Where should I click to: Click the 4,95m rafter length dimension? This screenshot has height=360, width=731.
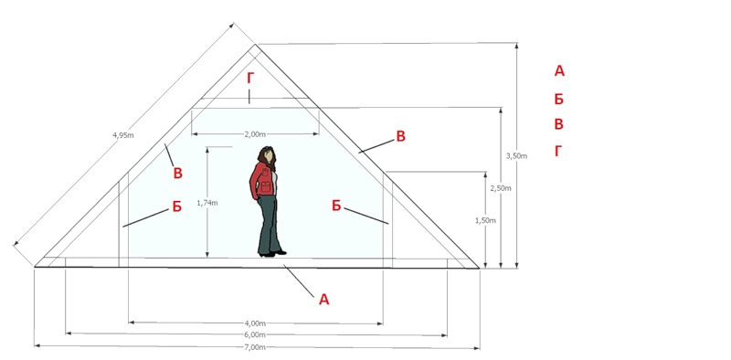[x=123, y=135]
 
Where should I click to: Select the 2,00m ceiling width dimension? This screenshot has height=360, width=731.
[x=255, y=134]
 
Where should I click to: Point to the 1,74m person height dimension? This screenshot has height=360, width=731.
[x=207, y=203]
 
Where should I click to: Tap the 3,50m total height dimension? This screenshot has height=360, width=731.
[x=516, y=156]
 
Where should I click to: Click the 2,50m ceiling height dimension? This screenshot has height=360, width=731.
[x=500, y=188]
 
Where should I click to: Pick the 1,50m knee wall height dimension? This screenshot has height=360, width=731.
[x=485, y=220]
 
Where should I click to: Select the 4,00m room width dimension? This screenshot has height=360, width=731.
[x=255, y=323]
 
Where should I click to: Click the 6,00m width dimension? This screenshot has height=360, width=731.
[x=255, y=334]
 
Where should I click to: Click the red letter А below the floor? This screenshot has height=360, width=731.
[x=324, y=300]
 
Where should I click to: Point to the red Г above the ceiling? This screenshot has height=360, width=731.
[x=250, y=79]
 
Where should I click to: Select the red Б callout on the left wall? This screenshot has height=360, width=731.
[x=177, y=206]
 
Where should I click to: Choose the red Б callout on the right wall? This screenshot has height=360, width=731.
[x=336, y=206]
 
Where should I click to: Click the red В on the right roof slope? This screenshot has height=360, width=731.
[x=400, y=136]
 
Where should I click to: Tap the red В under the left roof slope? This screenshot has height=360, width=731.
[x=177, y=173]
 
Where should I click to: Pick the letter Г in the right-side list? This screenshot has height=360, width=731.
[x=558, y=151]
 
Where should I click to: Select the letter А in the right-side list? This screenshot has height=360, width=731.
[x=559, y=71]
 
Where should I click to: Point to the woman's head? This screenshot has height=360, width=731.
[x=267, y=155]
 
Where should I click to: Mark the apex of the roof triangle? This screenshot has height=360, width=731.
[x=255, y=44]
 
